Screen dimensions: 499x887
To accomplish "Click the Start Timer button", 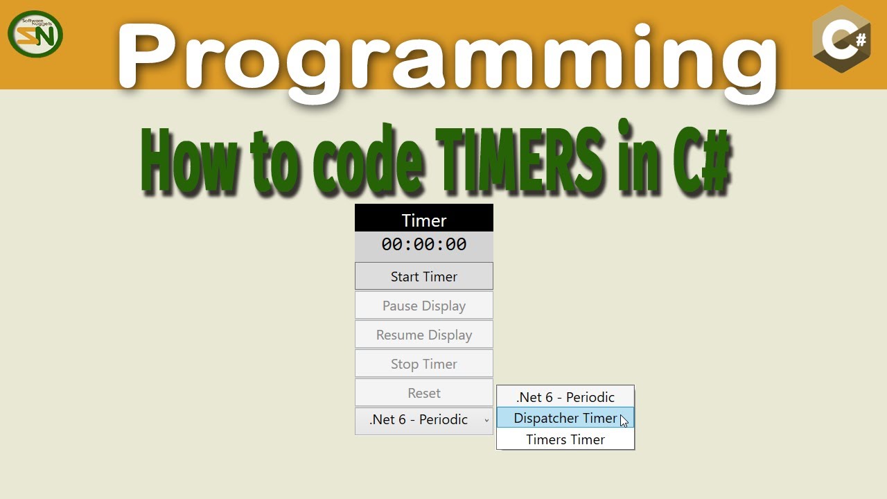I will coord(424,277).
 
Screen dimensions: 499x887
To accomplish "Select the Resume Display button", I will coord(424,335).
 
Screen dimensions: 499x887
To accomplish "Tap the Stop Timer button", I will coord(424,364).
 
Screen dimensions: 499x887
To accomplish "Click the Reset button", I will coord(424,393).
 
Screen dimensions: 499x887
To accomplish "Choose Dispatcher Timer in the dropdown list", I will coord(565,418).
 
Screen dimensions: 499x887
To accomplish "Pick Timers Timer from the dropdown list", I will coord(565,439).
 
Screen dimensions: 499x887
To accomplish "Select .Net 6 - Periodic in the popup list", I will coord(565,397).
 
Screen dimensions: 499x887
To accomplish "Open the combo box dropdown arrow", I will coord(486,421).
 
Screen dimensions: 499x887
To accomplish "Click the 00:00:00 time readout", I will coord(424,245).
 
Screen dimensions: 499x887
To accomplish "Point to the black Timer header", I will coord(424,220).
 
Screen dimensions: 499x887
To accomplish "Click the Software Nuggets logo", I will coord(35,34).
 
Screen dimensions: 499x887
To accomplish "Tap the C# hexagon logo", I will coord(841,40).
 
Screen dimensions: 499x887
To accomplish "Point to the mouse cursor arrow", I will coord(624,421).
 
